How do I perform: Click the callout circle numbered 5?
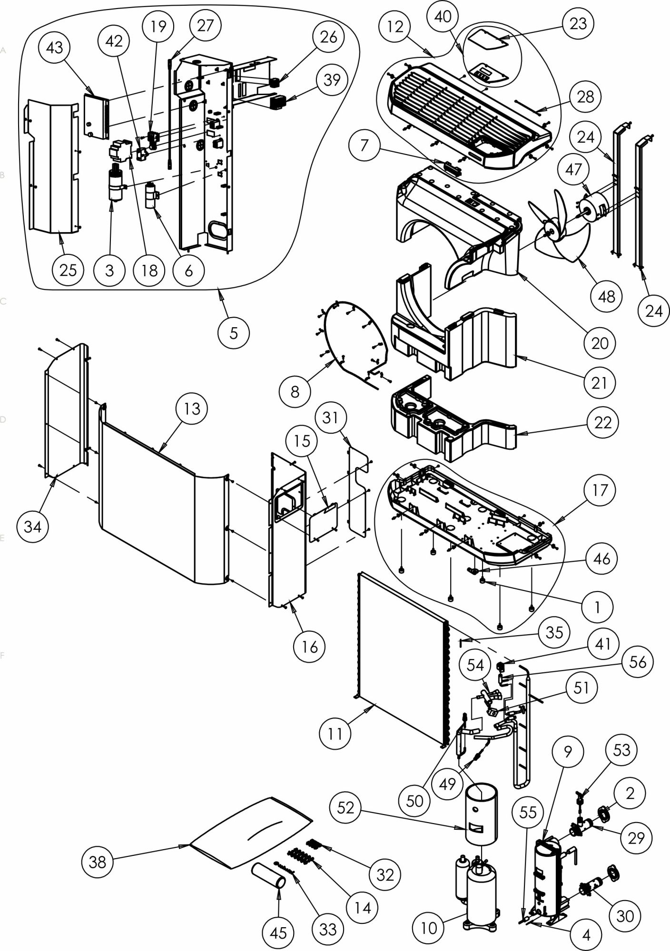(x=233, y=332)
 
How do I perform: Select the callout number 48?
(x=607, y=296)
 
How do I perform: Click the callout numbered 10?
(x=429, y=927)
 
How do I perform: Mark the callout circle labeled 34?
(x=32, y=526)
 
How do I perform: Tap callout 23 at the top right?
(x=578, y=23)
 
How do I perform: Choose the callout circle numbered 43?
(x=55, y=48)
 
